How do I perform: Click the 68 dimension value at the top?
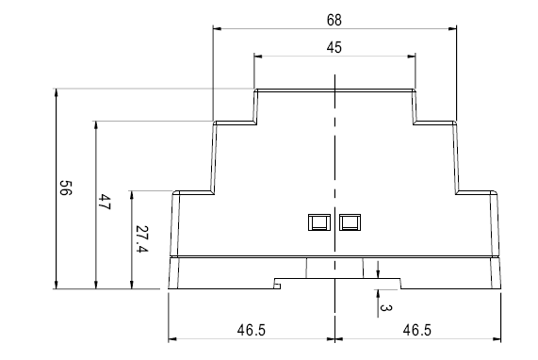tap(334, 20)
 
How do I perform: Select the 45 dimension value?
tap(334, 47)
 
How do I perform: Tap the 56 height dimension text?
tap(66, 188)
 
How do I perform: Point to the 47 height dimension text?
tap(105, 203)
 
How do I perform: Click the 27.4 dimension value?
tap(141, 238)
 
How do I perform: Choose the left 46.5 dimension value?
tap(252, 330)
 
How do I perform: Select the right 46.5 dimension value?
tap(416, 330)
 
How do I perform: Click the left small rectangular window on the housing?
tap(319, 222)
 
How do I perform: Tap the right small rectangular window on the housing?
tap(350, 222)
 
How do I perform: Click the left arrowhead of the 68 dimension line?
tap(218, 29)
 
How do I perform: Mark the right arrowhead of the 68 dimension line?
tap(452, 29)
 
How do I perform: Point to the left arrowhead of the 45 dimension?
tap(258, 57)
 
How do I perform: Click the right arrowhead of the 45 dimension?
tap(411, 57)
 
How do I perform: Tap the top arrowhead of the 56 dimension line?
tap(57, 92)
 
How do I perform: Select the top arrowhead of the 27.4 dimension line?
tap(131, 195)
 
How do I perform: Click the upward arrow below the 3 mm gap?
tap(378, 293)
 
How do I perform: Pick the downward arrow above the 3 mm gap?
tap(378, 274)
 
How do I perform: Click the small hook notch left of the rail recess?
tap(278, 286)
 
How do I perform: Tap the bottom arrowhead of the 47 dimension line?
tap(96, 285)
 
